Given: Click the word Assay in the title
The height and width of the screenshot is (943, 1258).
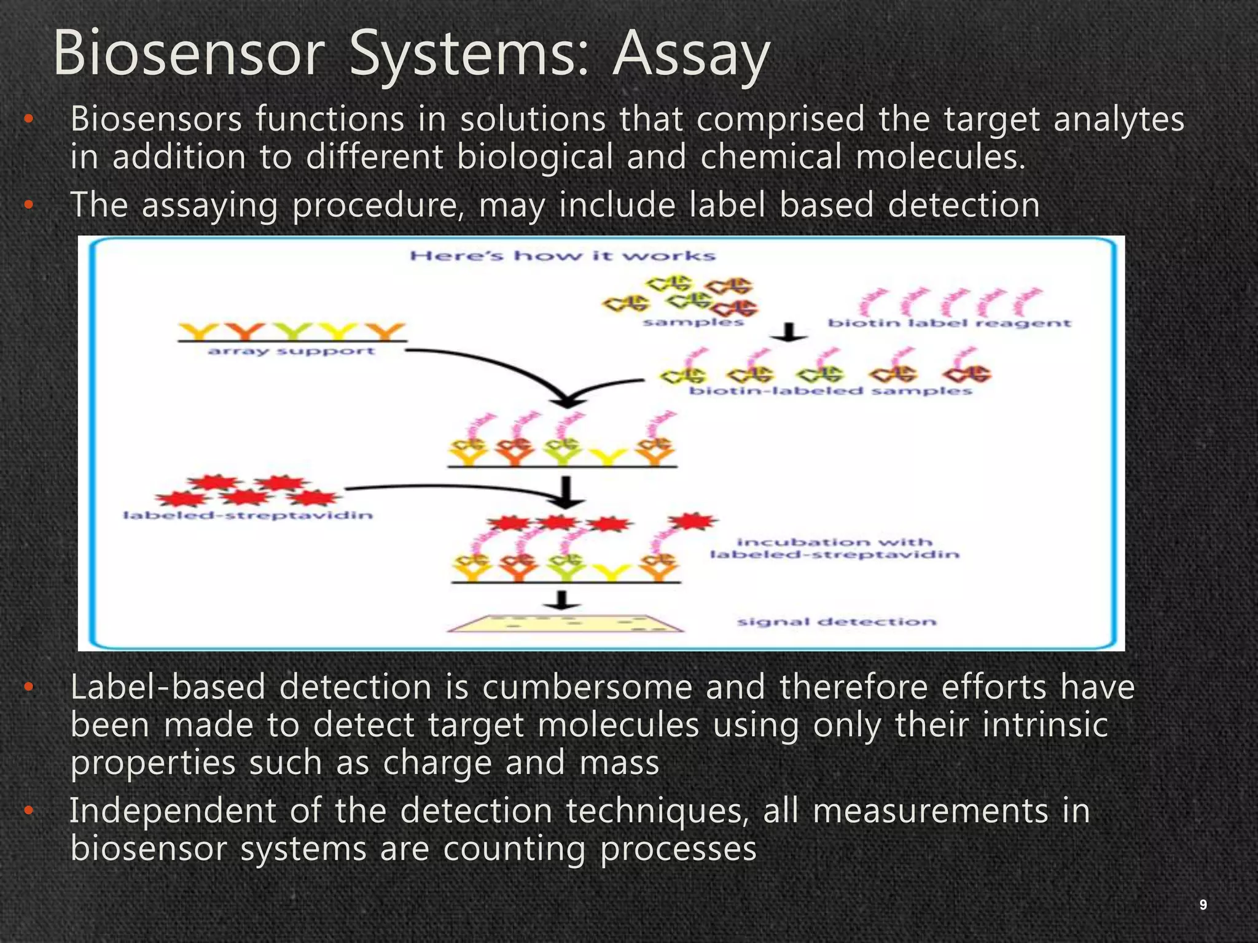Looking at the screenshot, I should click(x=691, y=55).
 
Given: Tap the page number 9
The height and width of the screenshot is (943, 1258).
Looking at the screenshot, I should click(x=1203, y=904).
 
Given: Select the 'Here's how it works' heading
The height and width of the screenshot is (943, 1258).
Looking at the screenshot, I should click(x=563, y=256).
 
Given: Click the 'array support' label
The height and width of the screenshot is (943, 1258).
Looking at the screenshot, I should click(x=291, y=351).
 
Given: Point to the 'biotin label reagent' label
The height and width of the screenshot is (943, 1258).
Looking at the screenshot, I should click(x=949, y=323).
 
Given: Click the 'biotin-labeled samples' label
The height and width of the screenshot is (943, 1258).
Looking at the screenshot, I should click(x=830, y=391).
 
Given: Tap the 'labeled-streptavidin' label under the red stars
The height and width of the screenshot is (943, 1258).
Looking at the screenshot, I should click(x=248, y=515).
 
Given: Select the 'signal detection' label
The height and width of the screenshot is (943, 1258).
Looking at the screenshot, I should click(x=837, y=622).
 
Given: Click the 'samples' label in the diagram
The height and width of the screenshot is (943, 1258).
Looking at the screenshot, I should click(x=693, y=322).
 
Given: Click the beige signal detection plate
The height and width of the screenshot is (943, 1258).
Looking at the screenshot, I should click(x=564, y=623).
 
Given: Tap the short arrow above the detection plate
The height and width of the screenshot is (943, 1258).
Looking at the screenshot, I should click(x=560, y=600).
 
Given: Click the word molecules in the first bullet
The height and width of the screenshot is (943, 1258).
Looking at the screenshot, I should click(x=940, y=157).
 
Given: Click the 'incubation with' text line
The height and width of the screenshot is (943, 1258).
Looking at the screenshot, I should click(x=834, y=542).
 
